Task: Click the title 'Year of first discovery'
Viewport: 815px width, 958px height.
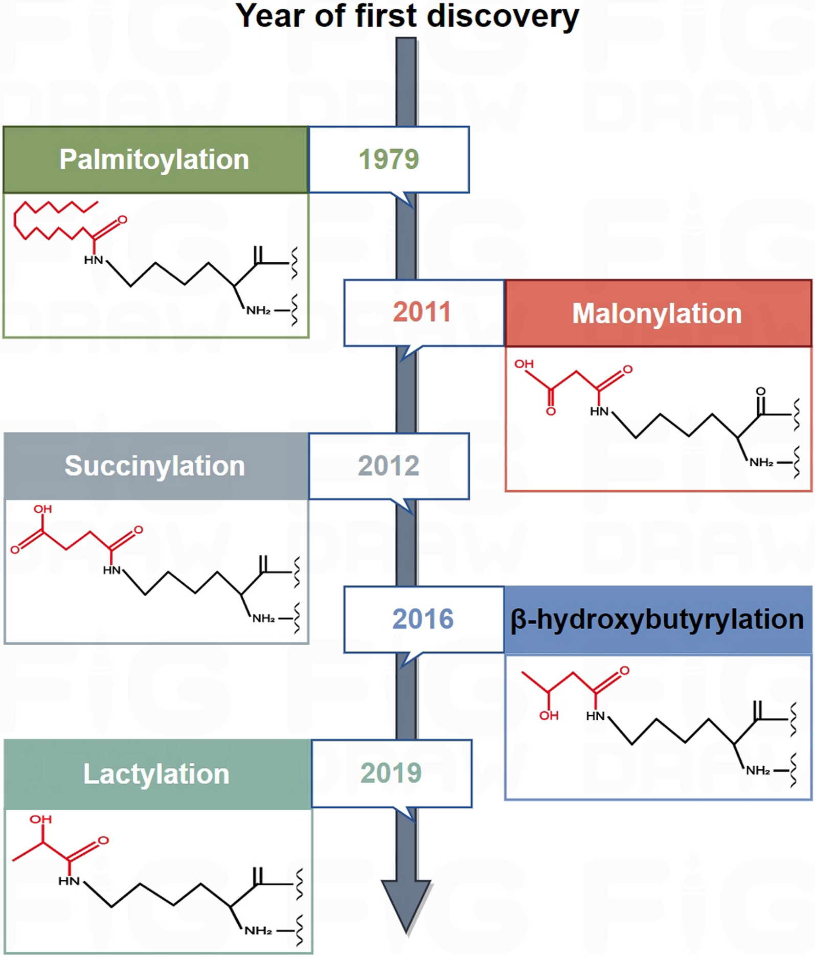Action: click(x=407, y=16)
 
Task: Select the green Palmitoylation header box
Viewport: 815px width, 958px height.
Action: click(x=154, y=159)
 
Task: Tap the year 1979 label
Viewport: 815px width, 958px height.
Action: click(x=389, y=159)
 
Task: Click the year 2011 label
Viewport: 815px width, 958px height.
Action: click(x=422, y=312)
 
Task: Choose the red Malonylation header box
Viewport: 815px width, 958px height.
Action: click(x=657, y=313)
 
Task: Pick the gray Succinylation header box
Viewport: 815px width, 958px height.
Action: click(x=155, y=466)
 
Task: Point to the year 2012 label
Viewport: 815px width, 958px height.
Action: click(x=389, y=466)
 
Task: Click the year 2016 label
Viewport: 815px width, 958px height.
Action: click(x=423, y=619)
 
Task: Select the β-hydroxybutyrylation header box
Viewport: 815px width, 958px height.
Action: click(x=657, y=619)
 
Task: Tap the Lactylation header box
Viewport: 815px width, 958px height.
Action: click(x=156, y=773)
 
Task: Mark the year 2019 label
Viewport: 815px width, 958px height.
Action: click(x=391, y=773)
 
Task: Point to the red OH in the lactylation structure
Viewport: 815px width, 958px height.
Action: click(x=41, y=819)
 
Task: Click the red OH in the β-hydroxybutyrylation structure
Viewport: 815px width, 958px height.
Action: click(x=549, y=716)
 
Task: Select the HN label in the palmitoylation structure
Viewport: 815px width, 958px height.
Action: click(x=94, y=260)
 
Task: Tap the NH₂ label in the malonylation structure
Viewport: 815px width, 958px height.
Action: click(x=761, y=463)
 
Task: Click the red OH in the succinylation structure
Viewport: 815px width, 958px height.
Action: click(x=43, y=509)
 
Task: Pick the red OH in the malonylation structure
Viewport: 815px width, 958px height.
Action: click(x=524, y=364)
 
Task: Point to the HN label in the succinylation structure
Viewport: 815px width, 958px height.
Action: click(x=112, y=570)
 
